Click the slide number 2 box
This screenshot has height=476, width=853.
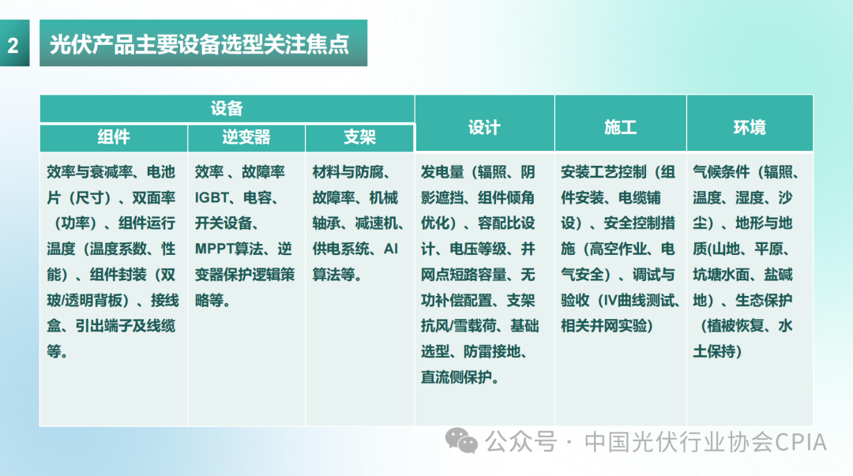coord(13,44)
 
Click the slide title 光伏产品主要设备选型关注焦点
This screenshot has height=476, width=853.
coord(200,44)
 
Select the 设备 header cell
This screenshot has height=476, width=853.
coord(227,110)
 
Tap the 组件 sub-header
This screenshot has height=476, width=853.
coord(114,137)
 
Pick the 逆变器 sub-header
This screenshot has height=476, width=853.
coord(246,137)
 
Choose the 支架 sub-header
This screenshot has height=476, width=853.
coord(359,137)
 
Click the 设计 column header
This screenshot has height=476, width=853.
coord(484,127)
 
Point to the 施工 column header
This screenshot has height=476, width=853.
coord(620,127)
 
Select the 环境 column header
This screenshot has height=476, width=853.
coord(749,127)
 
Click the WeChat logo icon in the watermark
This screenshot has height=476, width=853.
coord(461,440)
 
